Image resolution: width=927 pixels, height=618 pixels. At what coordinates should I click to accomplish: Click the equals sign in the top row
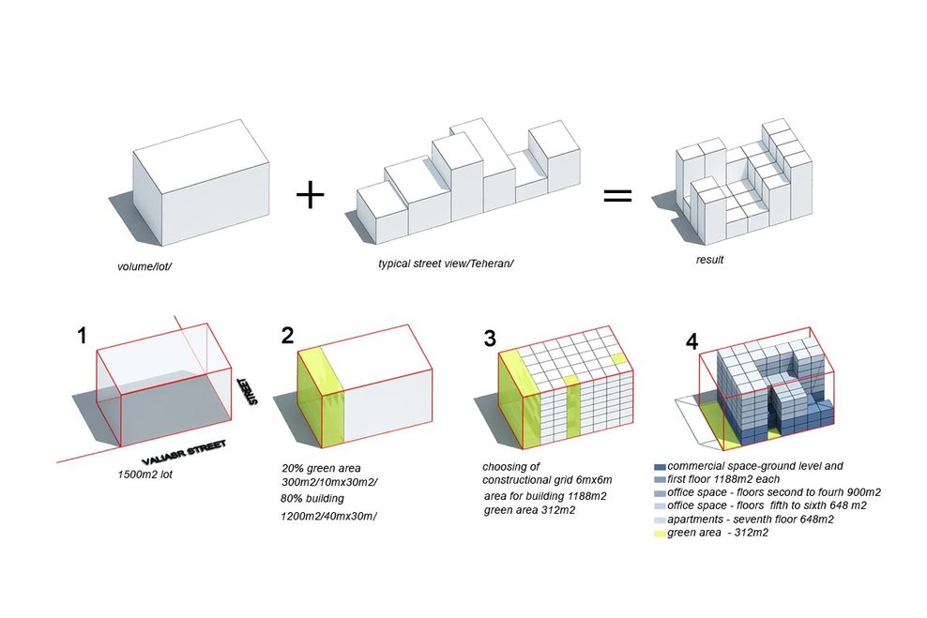(x=616, y=196)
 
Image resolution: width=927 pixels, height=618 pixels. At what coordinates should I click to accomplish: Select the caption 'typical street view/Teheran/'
(x=446, y=264)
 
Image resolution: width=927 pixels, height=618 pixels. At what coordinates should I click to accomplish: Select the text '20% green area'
(x=321, y=467)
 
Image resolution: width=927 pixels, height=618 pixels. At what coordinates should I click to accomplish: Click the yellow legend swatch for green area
(x=660, y=534)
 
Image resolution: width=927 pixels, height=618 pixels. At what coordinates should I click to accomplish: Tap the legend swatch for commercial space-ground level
(x=660, y=466)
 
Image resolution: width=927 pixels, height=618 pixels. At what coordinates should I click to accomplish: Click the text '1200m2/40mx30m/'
(x=327, y=517)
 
